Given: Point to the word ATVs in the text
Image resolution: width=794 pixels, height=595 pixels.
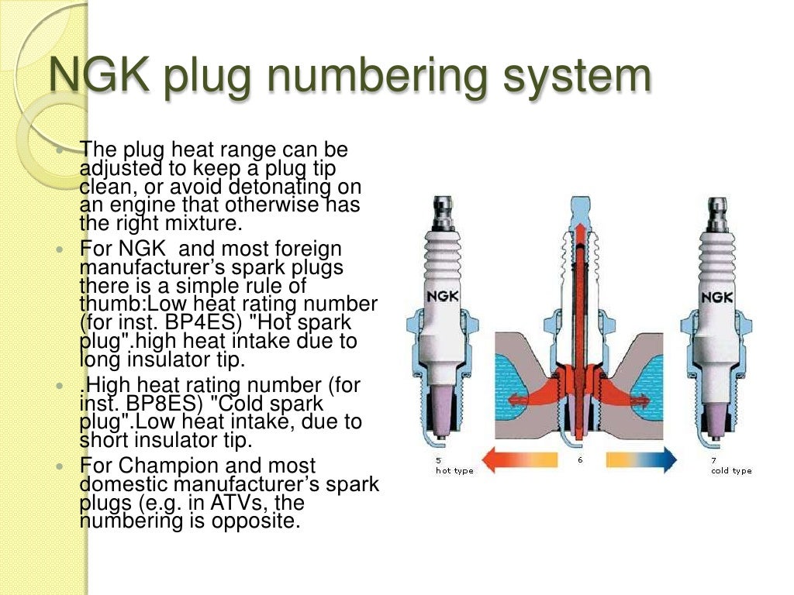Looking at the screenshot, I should click(x=240, y=503).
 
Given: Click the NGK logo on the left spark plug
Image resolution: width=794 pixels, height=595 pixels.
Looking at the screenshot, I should click(x=443, y=297).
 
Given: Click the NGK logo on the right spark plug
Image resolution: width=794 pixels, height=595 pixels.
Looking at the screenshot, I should click(x=717, y=297).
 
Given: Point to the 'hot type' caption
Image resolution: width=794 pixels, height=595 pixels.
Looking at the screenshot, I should click(x=454, y=470).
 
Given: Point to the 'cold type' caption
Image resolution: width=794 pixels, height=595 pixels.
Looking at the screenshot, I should click(x=730, y=470).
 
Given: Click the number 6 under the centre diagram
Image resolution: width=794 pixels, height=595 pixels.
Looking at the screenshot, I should click(x=579, y=460).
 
